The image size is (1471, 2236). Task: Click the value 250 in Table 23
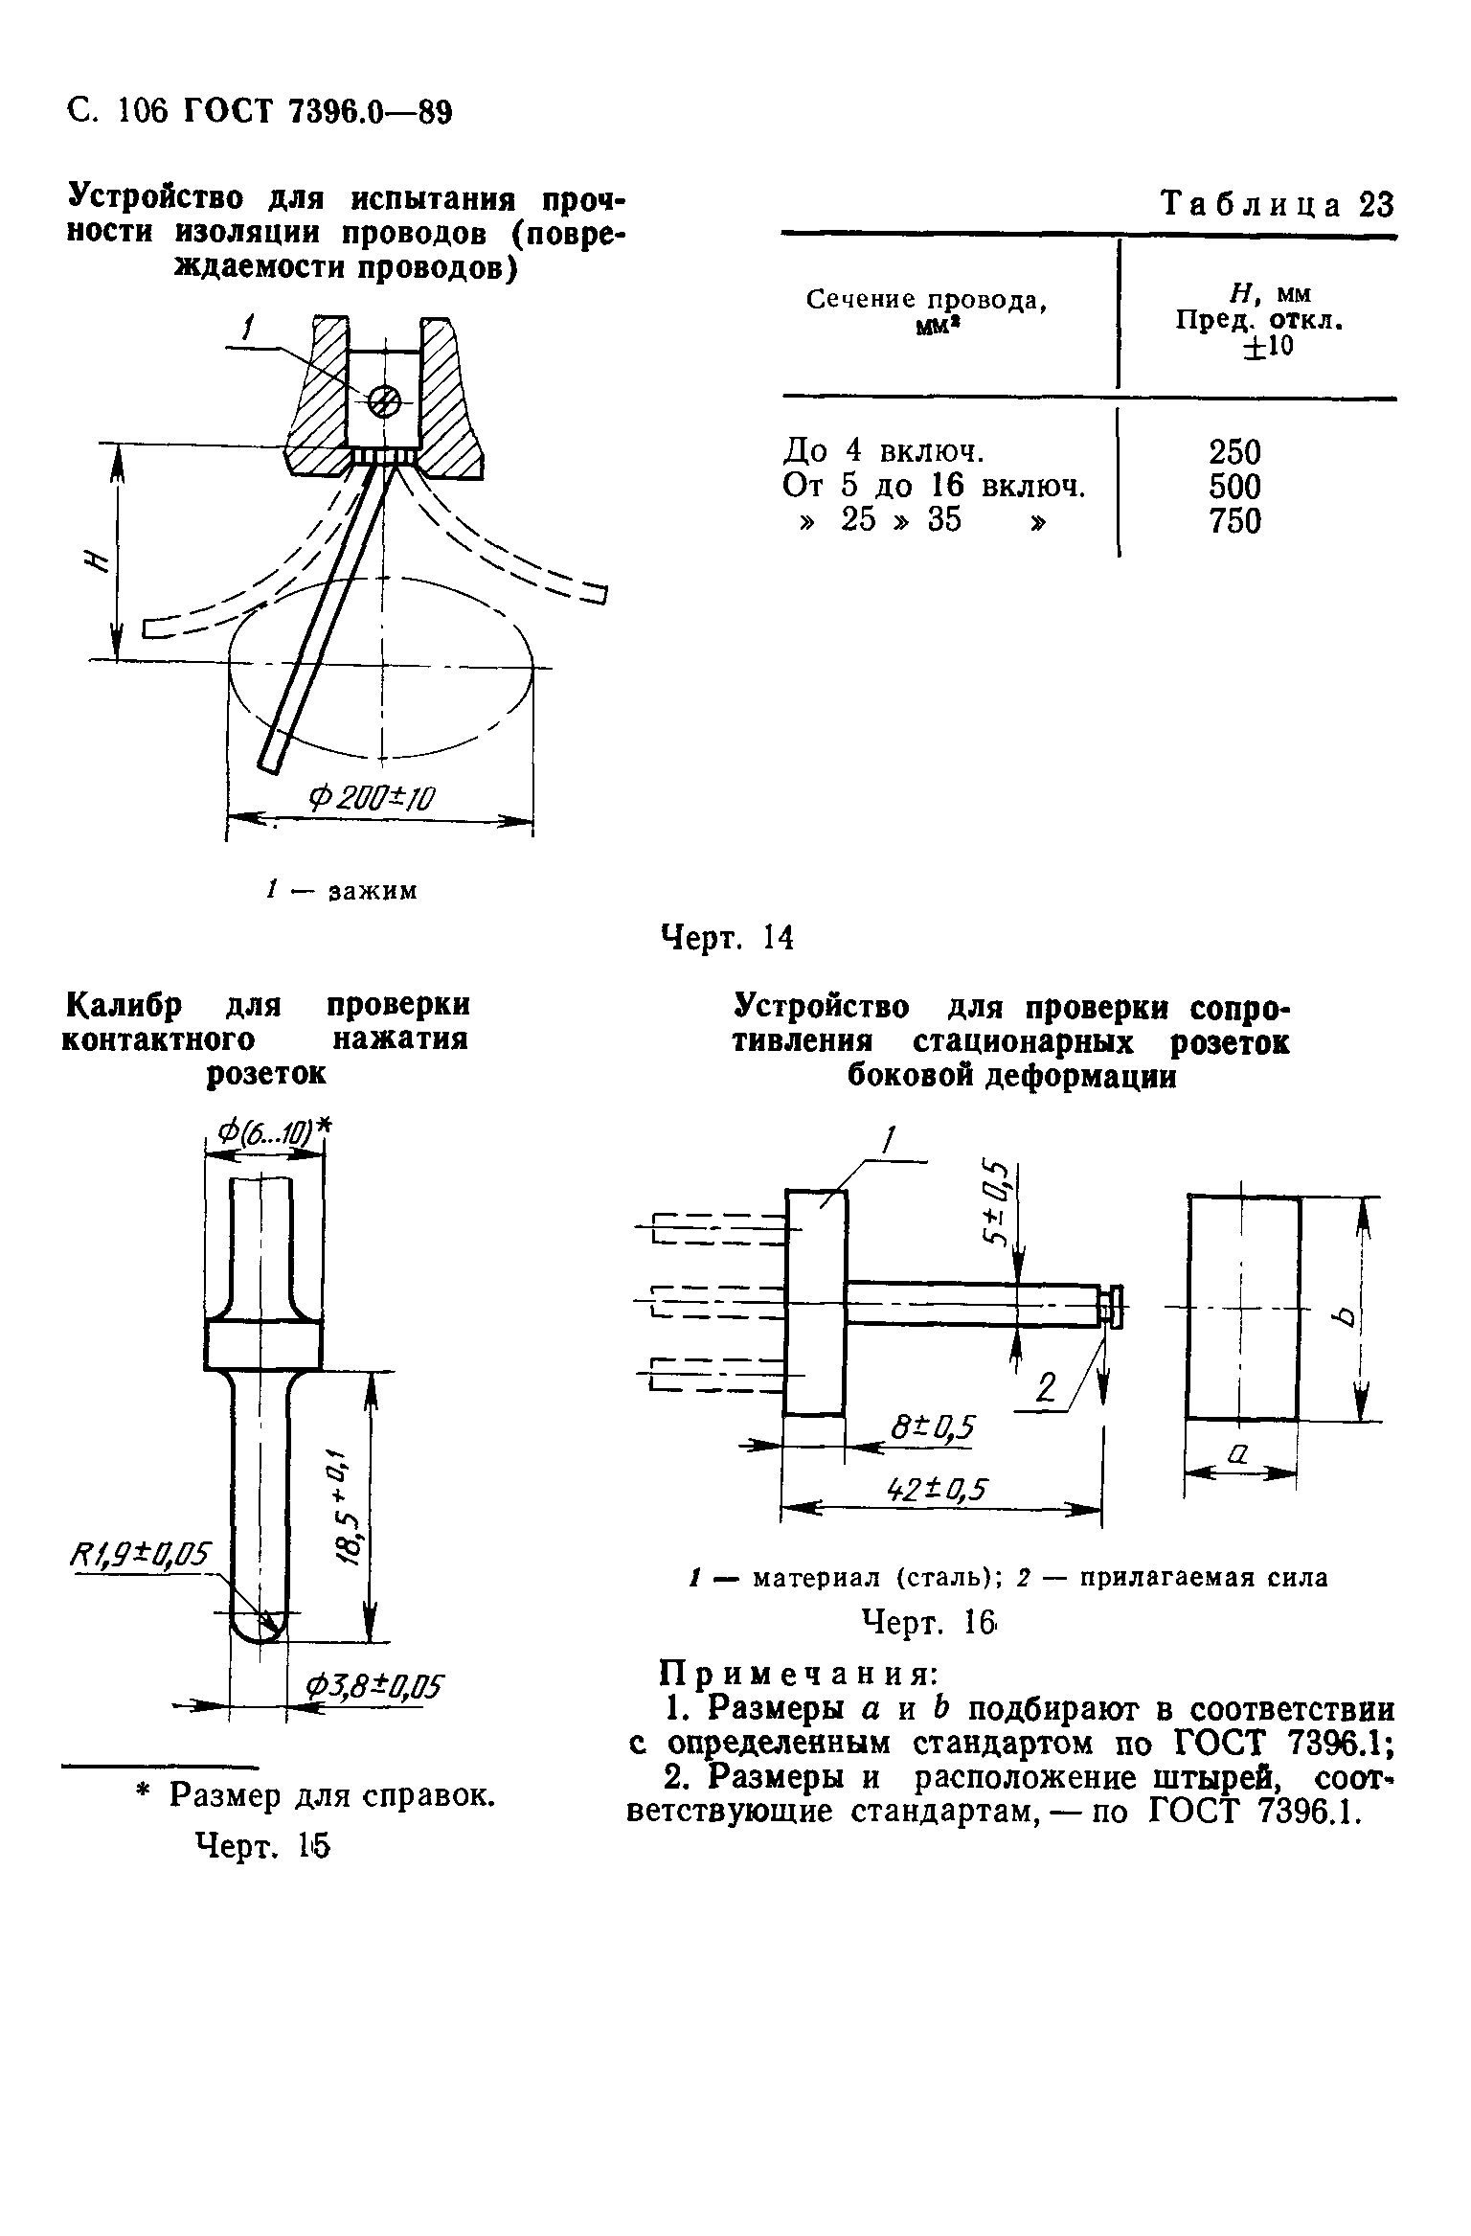click(x=1234, y=451)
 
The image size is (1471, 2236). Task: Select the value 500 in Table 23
click(x=1234, y=487)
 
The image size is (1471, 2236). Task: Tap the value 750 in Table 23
click(x=1234, y=521)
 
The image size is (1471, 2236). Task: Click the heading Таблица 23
click(x=1277, y=204)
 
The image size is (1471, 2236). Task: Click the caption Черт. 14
click(x=729, y=937)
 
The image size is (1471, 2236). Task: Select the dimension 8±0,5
click(x=930, y=1427)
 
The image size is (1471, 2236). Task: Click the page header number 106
click(x=143, y=112)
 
